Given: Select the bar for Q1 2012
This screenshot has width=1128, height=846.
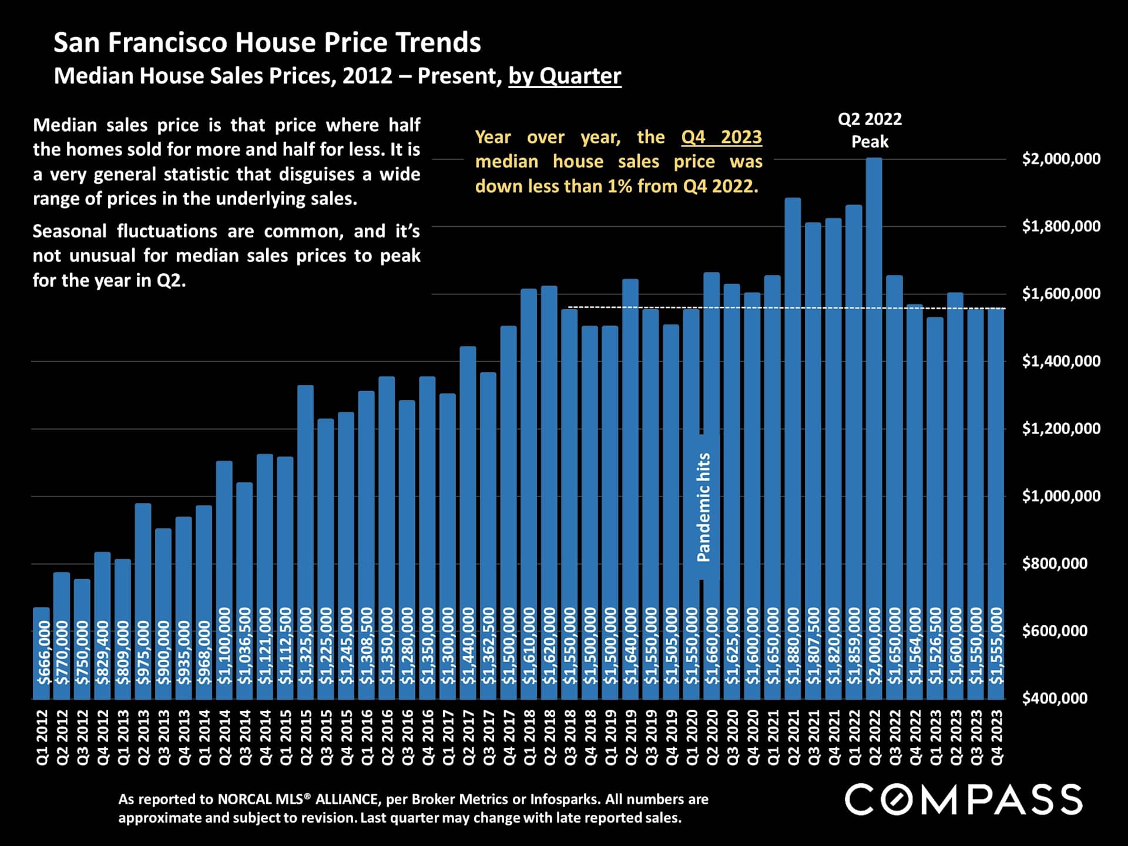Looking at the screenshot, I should (41, 652).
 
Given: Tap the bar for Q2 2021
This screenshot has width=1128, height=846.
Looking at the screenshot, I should (793, 411).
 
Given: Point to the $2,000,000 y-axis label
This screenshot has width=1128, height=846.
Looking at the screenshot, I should (1061, 159).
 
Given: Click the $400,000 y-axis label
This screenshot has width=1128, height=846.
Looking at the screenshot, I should (1055, 698).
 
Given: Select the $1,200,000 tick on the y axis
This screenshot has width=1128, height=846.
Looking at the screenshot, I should (1061, 428).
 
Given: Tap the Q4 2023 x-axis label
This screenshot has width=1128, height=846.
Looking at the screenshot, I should (997, 737).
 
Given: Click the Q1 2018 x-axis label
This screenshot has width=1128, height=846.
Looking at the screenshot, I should (529, 737).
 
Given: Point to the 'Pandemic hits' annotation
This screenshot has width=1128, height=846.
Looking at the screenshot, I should (703, 507).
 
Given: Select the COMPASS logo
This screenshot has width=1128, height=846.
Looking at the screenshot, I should (963, 800).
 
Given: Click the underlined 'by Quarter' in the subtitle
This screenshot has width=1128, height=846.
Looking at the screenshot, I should (565, 76).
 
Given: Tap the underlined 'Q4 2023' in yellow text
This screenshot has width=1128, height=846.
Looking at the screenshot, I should (721, 137).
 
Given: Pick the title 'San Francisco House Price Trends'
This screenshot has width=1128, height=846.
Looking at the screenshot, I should (267, 42).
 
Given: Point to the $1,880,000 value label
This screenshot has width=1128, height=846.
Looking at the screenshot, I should (793, 646).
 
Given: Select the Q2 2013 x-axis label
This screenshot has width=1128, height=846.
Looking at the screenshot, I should (143, 737).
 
